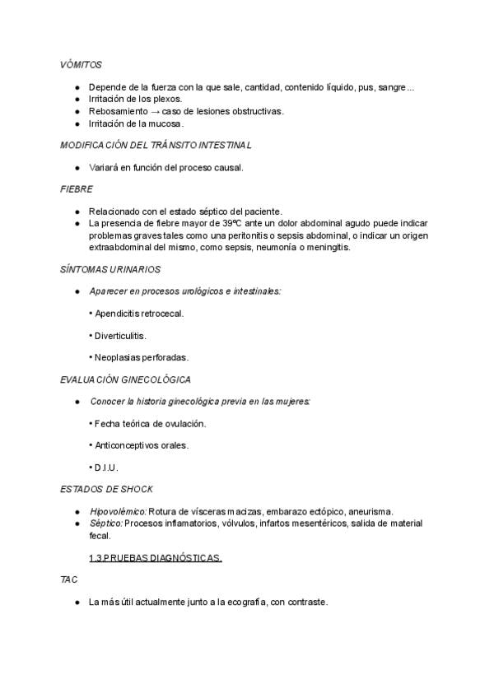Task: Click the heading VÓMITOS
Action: click(81, 64)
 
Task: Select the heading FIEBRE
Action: click(77, 188)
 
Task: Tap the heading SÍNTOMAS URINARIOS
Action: click(110, 269)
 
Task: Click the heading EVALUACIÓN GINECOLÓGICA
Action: click(125, 379)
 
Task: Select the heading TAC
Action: click(68, 579)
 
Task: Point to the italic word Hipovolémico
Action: click(118, 511)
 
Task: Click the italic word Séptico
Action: click(105, 523)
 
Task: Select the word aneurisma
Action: click(369, 511)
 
